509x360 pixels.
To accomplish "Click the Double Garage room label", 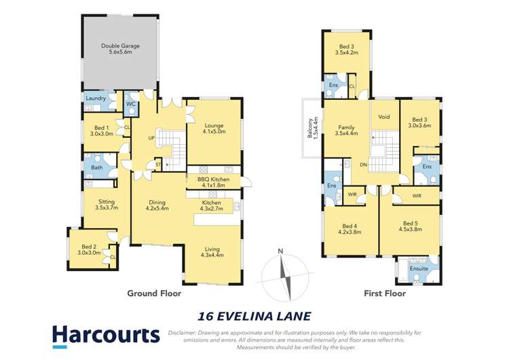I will click(x=120, y=50).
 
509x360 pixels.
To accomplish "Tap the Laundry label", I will click(x=94, y=98).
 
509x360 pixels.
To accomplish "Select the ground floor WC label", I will click(x=130, y=104).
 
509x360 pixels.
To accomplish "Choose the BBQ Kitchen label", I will click(x=213, y=182).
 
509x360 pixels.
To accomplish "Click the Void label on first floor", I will click(x=384, y=117).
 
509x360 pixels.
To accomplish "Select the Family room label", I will click(x=346, y=130).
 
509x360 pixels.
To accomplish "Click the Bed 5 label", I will click(x=410, y=227).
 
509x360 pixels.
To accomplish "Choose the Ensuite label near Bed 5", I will click(x=419, y=269).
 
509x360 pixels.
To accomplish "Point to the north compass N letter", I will click(x=280, y=251).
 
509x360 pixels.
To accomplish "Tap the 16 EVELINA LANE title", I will click(x=254, y=316).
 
